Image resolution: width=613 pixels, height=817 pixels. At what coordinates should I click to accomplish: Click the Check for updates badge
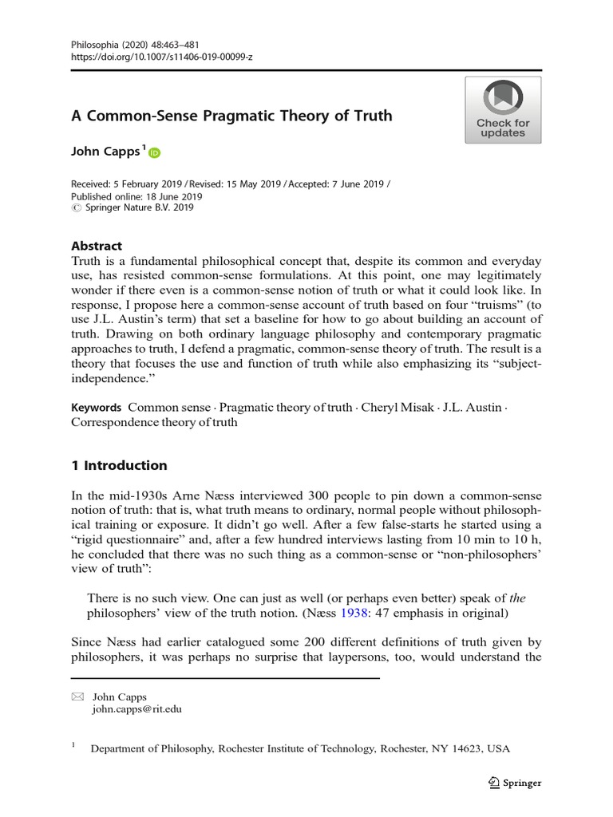(x=503, y=110)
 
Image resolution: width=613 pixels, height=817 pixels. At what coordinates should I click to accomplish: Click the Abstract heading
(x=97, y=246)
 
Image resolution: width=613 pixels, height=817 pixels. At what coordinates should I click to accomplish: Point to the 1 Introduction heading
(x=120, y=465)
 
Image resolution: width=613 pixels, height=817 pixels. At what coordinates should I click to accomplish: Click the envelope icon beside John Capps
(x=77, y=697)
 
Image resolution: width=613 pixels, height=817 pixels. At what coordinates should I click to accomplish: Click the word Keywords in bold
(x=96, y=407)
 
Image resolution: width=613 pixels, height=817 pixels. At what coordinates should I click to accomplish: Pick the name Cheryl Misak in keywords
(x=397, y=407)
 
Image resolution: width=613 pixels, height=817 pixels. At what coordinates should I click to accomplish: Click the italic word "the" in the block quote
(x=519, y=598)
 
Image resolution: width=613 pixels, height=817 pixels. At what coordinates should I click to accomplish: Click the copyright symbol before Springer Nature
(x=76, y=208)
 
